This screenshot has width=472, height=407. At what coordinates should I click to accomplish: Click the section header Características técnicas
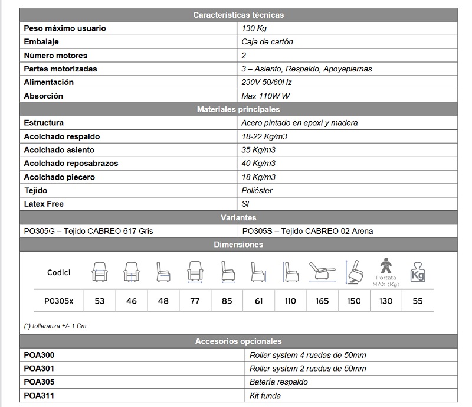[238, 15]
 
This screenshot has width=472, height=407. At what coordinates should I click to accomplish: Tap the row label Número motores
[55, 56]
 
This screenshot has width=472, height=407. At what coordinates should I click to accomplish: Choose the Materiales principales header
[238, 109]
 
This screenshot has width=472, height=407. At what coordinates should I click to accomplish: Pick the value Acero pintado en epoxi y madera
[300, 123]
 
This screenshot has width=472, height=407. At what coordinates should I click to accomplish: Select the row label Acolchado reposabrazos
[71, 164]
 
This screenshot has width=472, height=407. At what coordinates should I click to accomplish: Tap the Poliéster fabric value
[257, 191]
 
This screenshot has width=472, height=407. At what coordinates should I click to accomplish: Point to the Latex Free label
[44, 204]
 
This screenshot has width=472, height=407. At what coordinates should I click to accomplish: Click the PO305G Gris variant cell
[88, 231]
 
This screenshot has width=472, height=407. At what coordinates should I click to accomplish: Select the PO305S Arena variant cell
[307, 231]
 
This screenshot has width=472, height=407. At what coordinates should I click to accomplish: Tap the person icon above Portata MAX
[386, 264]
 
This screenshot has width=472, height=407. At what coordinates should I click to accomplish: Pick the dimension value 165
[322, 301]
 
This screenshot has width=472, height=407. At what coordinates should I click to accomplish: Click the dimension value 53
[99, 301]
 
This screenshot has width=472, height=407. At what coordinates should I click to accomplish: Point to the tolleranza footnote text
[55, 326]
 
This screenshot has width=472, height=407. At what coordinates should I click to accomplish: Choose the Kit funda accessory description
[265, 395]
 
